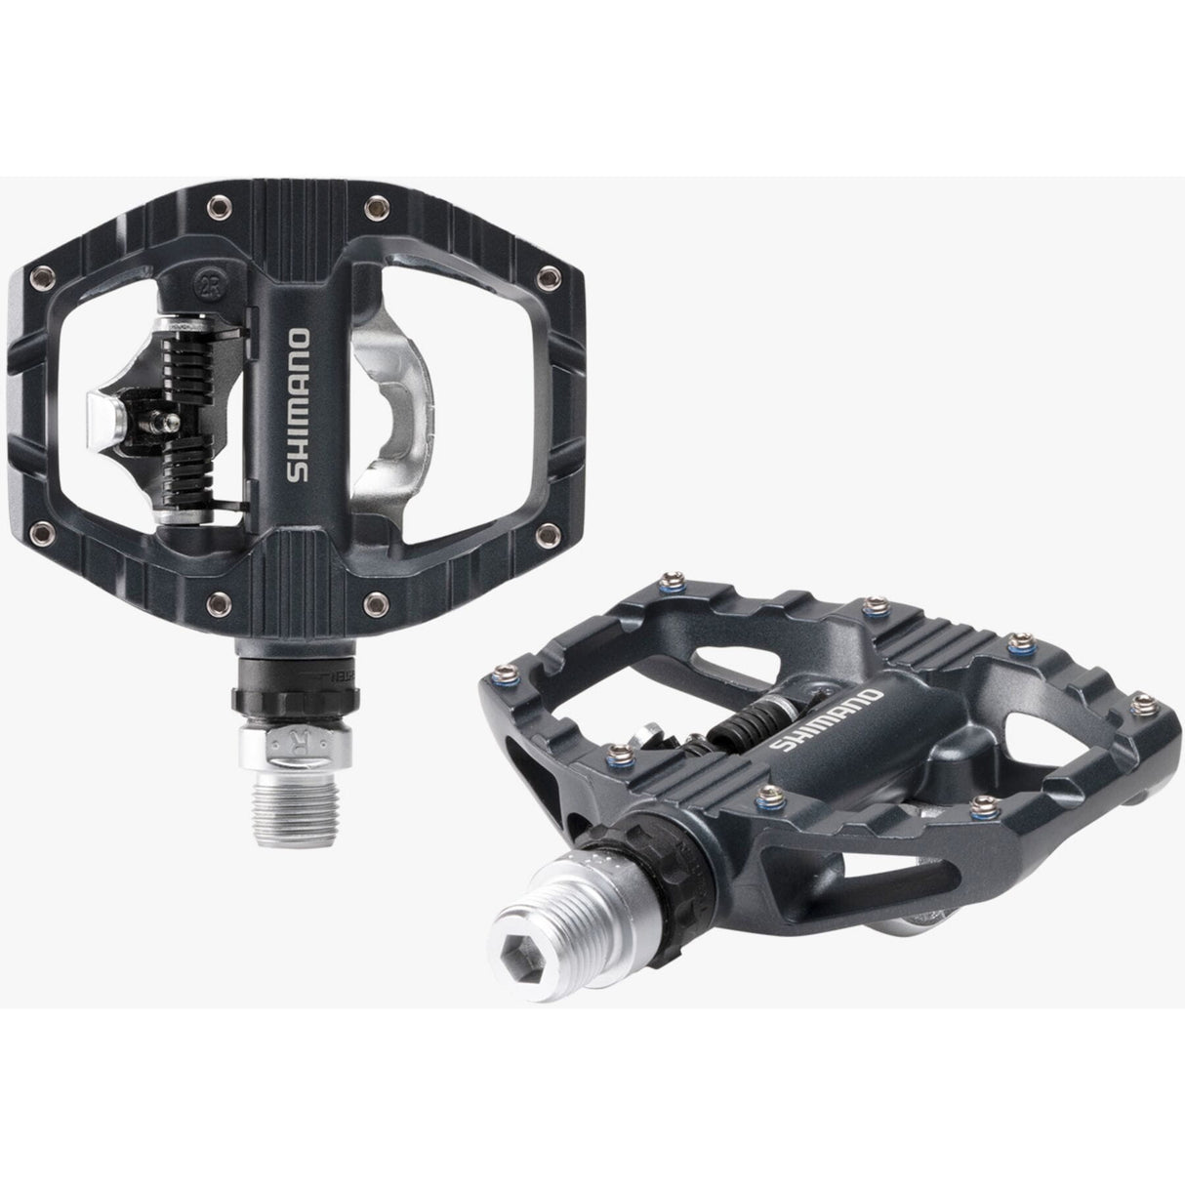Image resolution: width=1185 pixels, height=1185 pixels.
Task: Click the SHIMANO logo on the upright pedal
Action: [300, 408]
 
